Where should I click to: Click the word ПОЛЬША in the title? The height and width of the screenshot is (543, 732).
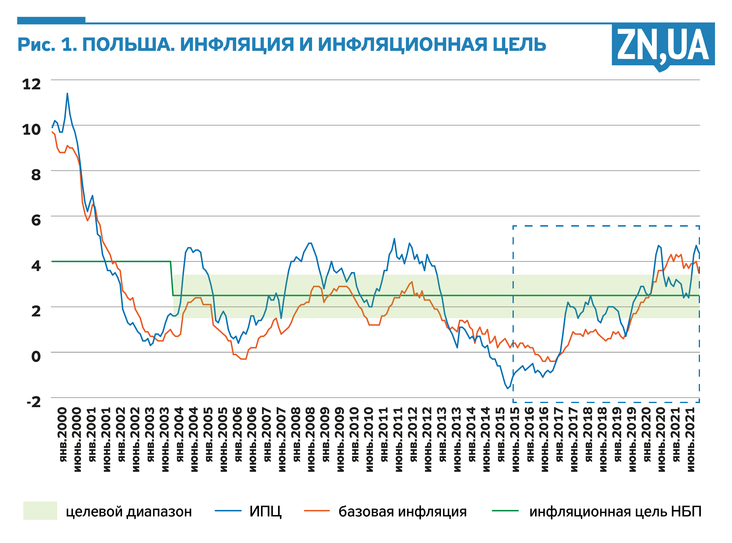pyautogui.click(x=128, y=45)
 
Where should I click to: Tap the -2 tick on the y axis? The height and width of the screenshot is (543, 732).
pyautogui.click(x=34, y=402)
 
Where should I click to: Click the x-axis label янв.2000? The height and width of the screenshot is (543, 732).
pyautogui.click(x=63, y=435)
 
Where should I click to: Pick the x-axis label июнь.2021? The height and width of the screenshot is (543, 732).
pyautogui.click(x=691, y=439)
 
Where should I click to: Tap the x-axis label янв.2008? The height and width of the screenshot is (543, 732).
pyautogui.click(x=296, y=435)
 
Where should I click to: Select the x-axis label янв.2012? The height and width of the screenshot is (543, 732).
pyautogui.click(x=413, y=435)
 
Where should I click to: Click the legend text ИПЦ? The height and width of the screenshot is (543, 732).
pyautogui.click(x=265, y=511)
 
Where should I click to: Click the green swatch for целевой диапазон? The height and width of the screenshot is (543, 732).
pyautogui.click(x=40, y=510)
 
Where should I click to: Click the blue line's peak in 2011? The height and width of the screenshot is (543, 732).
pyautogui.click(x=394, y=239)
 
